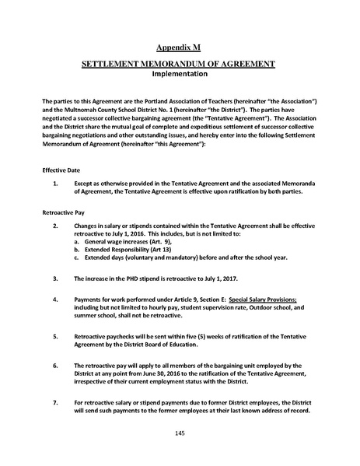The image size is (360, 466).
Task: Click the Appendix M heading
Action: point(180,47)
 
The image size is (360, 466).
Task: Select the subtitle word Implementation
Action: point(180,75)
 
